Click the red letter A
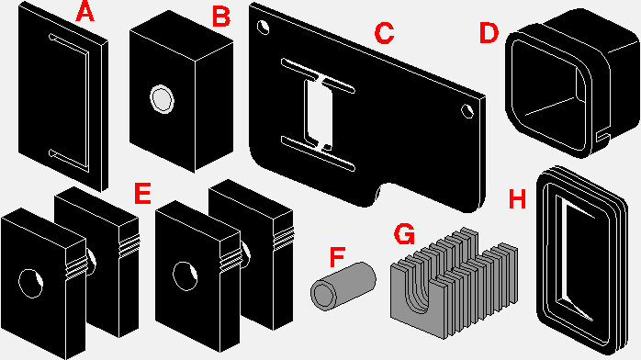point(85,11)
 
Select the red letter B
point(221,17)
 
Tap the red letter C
point(384,33)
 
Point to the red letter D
point(489,33)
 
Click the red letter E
point(142,193)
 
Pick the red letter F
point(338,256)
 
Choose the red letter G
point(404,234)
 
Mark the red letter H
point(517,199)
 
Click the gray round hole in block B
point(162,99)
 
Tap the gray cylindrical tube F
point(343,286)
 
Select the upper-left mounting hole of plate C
point(263,28)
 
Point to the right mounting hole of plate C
point(467,111)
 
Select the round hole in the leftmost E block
point(31,283)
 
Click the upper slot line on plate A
point(69,43)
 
